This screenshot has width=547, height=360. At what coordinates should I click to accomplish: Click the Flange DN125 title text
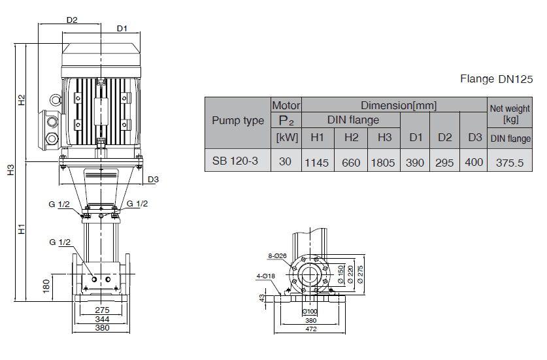click(496, 79)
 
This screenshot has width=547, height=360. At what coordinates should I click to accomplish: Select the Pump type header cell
click(238, 121)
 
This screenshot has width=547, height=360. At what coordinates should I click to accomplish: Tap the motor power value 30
click(286, 161)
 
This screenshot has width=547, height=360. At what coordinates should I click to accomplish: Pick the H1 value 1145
click(317, 162)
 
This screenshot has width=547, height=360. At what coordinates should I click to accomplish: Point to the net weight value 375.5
click(510, 162)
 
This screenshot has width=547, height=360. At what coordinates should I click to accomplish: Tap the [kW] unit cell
click(286, 137)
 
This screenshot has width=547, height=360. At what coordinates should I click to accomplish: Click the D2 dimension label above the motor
click(72, 20)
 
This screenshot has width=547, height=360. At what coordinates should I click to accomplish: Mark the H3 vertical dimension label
click(11, 171)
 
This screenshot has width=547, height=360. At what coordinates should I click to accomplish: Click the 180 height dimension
click(46, 286)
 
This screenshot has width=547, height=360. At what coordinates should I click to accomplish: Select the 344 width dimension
click(101, 318)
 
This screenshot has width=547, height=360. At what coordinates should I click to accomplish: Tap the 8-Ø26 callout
click(276, 255)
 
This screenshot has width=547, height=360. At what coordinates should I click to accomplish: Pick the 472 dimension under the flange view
click(311, 329)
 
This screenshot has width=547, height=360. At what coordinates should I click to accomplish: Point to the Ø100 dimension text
click(311, 311)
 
